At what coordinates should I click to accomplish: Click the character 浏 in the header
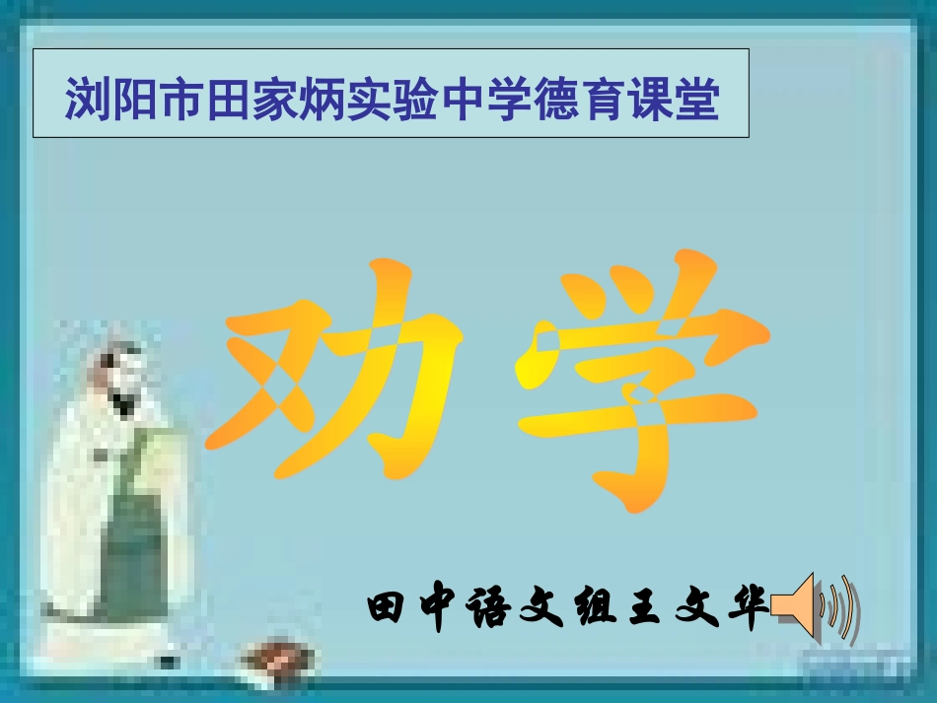coord(88,102)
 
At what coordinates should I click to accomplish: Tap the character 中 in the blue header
coord(464,102)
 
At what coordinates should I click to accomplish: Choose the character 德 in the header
coord(557,102)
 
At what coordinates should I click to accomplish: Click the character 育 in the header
coord(604,102)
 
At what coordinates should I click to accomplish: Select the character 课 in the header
coord(651,102)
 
